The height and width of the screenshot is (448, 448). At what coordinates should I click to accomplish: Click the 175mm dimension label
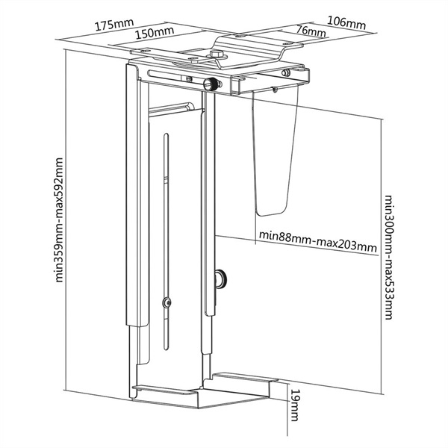point(114,25)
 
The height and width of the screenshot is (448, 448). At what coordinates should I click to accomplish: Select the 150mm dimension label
point(155,32)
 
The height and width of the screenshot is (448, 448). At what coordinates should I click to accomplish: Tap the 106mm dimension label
point(346,23)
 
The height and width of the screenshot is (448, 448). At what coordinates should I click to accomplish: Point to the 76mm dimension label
point(311,31)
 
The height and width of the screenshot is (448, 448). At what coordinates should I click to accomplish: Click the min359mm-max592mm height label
point(58,220)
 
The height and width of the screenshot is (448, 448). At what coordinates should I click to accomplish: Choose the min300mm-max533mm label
point(388,257)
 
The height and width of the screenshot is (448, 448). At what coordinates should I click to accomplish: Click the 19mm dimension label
point(295,405)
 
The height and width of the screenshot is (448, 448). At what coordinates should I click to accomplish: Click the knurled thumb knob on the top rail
point(211,84)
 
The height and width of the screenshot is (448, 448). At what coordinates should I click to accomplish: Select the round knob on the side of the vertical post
point(221,279)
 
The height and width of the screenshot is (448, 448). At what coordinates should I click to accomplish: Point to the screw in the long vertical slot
point(167,302)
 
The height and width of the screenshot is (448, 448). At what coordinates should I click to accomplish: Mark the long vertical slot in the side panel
point(166,241)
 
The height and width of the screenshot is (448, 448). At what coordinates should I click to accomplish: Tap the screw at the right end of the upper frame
point(284,73)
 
